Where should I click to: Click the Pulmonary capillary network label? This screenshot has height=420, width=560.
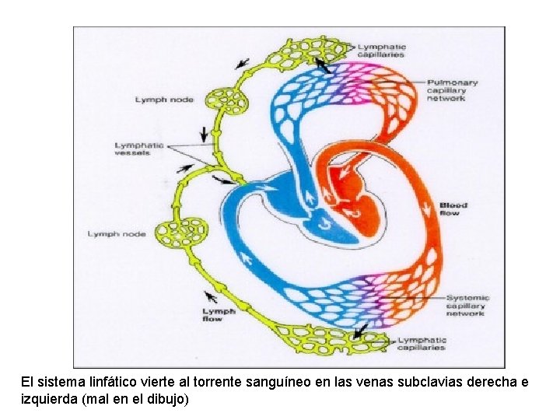452,90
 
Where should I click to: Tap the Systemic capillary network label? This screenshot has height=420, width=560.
467,306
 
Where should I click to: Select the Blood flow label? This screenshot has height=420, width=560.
453,209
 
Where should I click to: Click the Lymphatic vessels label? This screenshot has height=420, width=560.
140,149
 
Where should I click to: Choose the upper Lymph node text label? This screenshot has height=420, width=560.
164,100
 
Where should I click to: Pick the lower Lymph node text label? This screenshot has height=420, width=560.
117,234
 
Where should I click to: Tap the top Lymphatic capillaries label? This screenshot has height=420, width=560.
381,51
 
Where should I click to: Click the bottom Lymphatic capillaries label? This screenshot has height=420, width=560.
422,344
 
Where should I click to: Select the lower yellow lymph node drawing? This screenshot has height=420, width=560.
183,233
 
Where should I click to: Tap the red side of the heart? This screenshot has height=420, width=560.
354,194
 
